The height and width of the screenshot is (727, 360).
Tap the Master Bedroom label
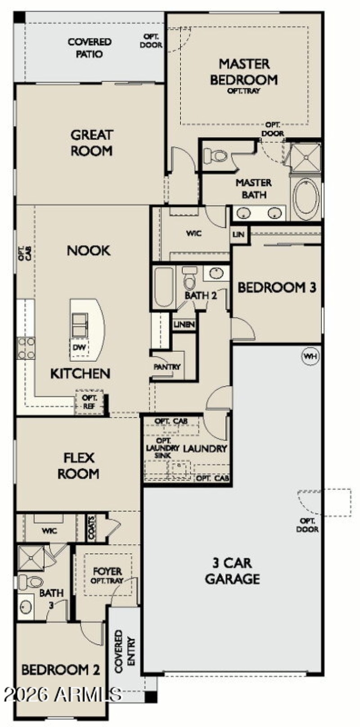pyautogui.click(x=244, y=72)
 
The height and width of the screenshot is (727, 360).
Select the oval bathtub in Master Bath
pyautogui.click(x=306, y=197)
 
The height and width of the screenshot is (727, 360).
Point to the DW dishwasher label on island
pyautogui.click(x=79, y=347)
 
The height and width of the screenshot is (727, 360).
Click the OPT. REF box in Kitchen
pyautogui.click(x=90, y=402)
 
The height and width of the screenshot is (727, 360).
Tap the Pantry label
pyautogui.click(x=167, y=367)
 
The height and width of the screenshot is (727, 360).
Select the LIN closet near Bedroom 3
pyautogui.click(x=238, y=234)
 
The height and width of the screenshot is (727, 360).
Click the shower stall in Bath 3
pyautogui.click(x=31, y=558)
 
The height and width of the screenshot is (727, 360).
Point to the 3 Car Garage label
pyautogui.click(x=232, y=570)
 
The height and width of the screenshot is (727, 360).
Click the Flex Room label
pyautogui.click(x=78, y=466)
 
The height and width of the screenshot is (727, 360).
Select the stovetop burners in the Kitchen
pyautogui.click(x=26, y=349)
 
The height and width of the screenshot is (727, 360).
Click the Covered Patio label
pyautogui.click(x=89, y=48)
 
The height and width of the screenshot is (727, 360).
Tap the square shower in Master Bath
pyautogui.click(x=306, y=157)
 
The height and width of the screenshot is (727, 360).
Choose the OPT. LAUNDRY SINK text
pyautogui.click(x=162, y=448)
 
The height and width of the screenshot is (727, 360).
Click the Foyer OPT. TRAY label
pyautogui.click(x=107, y=575)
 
